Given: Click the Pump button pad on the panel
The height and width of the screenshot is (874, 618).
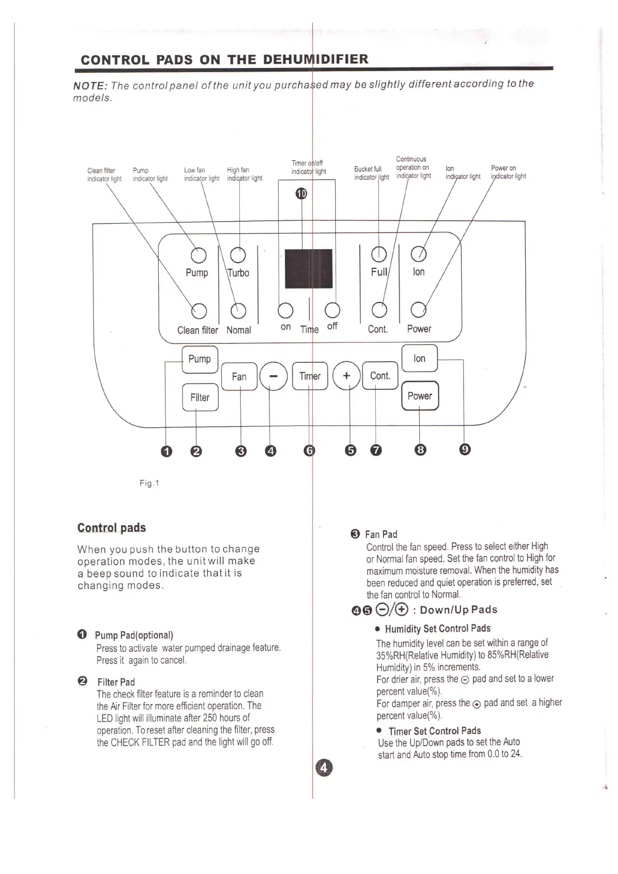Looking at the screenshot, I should (x=200, y=359).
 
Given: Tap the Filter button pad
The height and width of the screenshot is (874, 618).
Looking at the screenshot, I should (x=200, y=398).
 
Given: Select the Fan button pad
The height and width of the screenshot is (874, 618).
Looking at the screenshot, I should (x=239, y=376).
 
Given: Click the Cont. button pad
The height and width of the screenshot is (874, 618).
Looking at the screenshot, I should (x=380, y=376).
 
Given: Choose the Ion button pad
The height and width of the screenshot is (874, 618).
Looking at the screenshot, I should (x=419, y=358).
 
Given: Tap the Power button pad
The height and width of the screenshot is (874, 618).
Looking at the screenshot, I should (x=420, y=395).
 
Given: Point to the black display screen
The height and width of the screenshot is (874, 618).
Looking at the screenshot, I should (x=308, y=269).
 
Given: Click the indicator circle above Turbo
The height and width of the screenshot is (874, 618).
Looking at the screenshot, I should (x=238, y=255).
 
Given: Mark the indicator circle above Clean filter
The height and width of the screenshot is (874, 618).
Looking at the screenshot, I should (x=199, y=311).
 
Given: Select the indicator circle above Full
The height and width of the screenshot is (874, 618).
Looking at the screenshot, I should (x=379, y=254).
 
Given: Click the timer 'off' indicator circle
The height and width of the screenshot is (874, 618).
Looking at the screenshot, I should (x=332, y=310).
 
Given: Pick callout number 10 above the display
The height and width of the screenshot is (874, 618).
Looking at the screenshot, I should (x=301, y=194).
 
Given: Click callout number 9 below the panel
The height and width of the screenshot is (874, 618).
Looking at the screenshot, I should (x=465, y=449).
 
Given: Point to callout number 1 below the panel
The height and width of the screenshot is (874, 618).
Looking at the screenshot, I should (x=166, y=451).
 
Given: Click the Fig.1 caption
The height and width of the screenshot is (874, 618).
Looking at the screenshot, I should (x=149, y=483).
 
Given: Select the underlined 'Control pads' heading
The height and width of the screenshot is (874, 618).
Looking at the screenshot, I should (x=112, y=528).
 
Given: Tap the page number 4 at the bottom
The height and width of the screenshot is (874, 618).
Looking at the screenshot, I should (x=323, y=768).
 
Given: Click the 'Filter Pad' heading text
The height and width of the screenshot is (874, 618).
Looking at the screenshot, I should (x=116, y=682).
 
